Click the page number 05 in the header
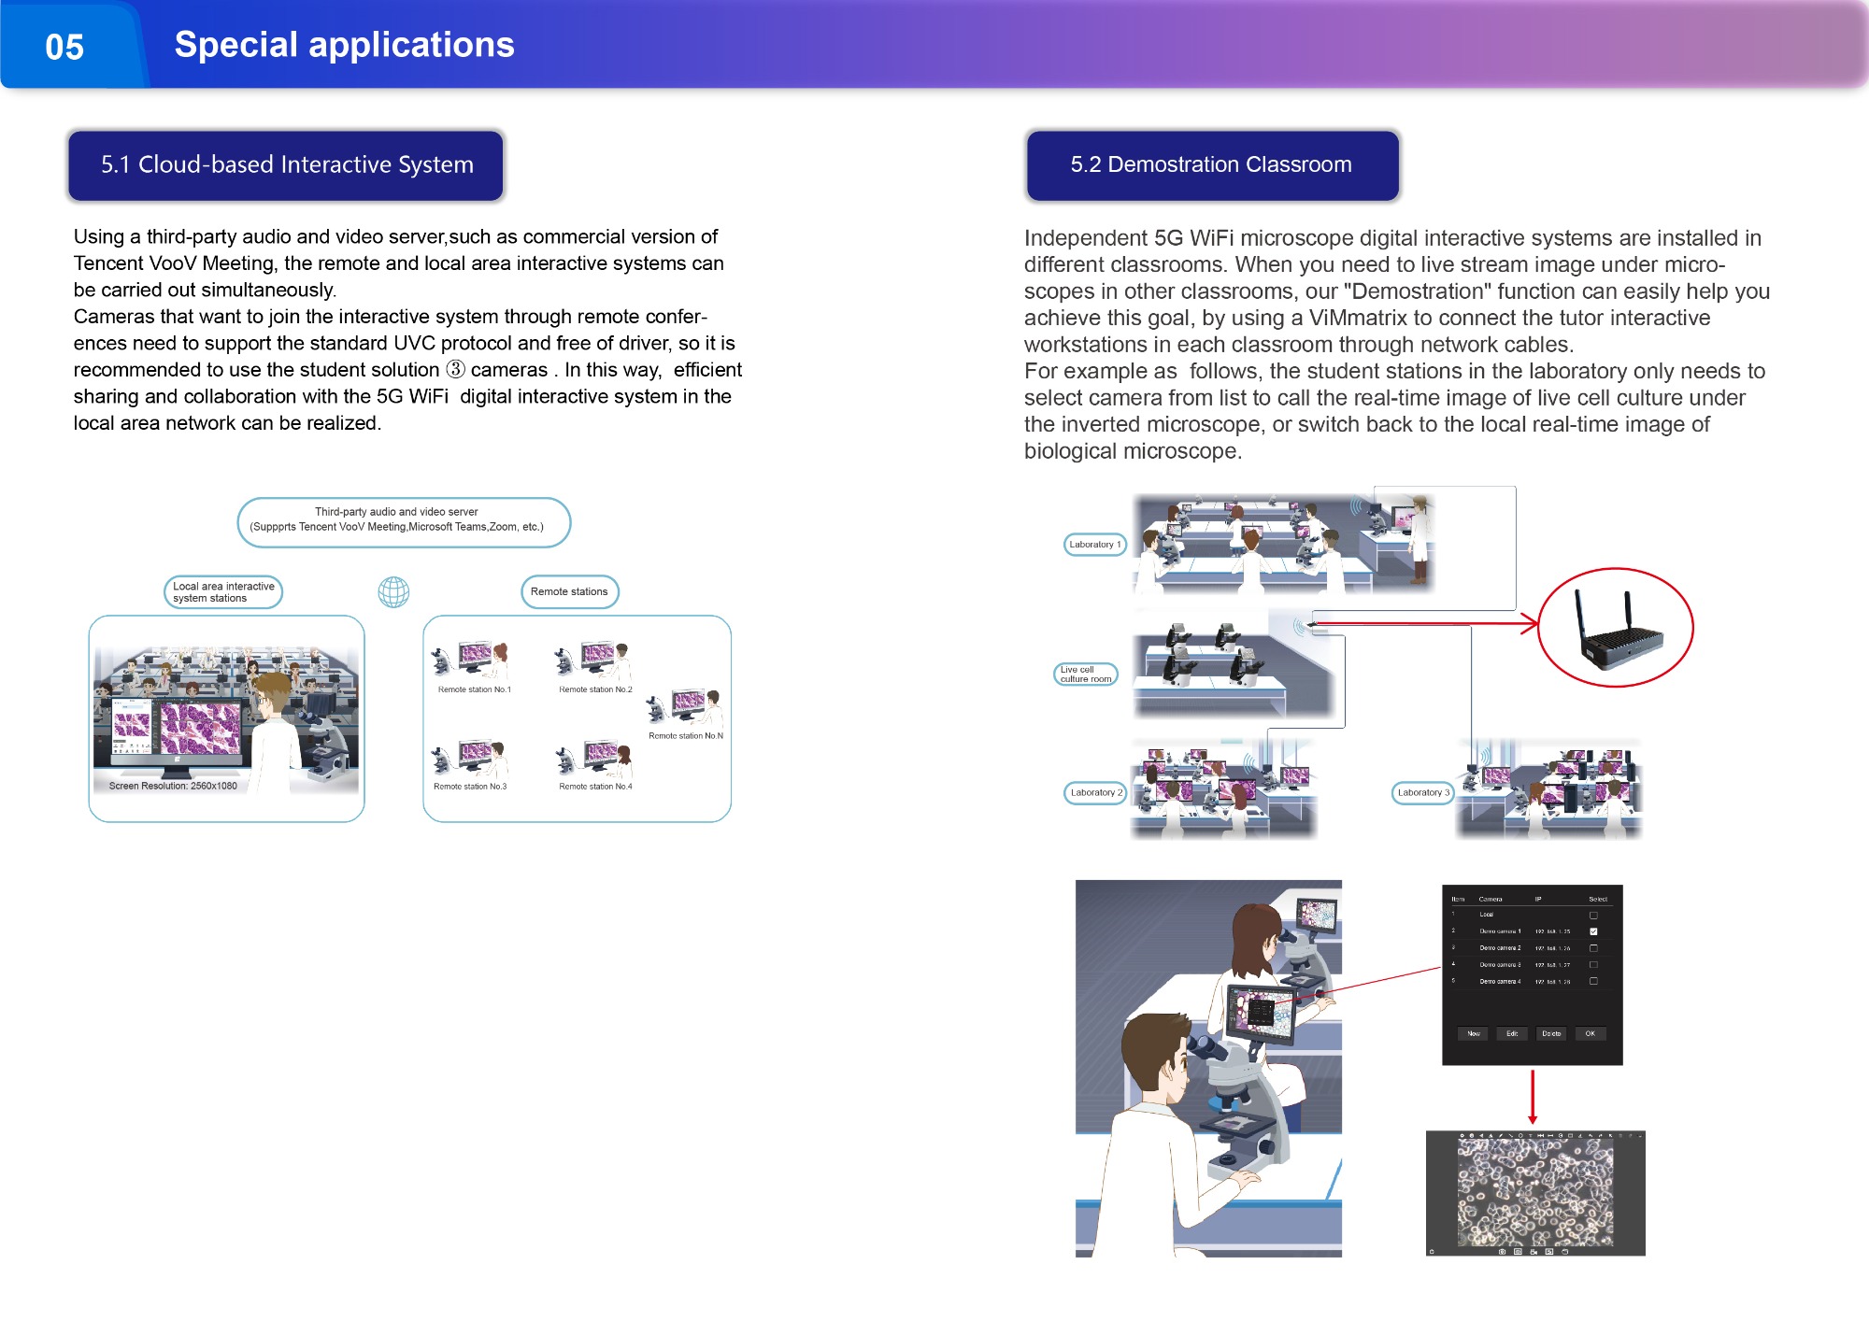pyautogui.click(x=64, y=47)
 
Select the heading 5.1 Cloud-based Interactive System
pyautogui.click(x=287, y=165)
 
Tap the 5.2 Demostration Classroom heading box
pyautogui.click(x=1212, y=165)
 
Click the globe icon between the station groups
pyautogui.click(x=393, y=592)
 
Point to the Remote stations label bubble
pyautogui.click(x=569, y=591)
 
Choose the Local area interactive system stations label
pyautogui.click(x=223, y=592)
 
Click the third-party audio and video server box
pyautogui.click(x=403, y=520)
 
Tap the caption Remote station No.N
pyautogui.click(x=685, y=736)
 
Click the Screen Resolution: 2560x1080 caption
pyautogui.click(x=173, y=786)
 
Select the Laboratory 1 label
pyautogui.click(x=1094, y=545)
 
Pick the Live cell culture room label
pyautogui.click(x=1085, y=675)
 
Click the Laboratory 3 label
pyautogui.click(x=1422, y=793)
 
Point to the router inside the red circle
pyautogui.click(x=1619, y=633)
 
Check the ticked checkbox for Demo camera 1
pyautogui.click(x=1593, y=931)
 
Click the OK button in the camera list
pyautogui.click(x=1590, y=1033)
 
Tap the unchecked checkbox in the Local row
pyautogui.click(x=1593, y=915)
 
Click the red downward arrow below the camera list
pyautogui.click(x=1533, y=1098)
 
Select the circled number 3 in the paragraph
pyautogui.click(x=455, y=370)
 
